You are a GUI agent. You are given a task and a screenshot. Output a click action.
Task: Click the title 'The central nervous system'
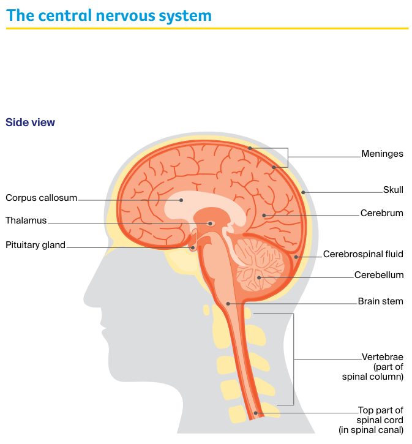tap(109, 15)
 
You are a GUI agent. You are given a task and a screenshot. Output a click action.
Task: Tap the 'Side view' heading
tap(30, 122)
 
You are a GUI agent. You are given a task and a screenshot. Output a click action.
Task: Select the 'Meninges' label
tap(382, 154)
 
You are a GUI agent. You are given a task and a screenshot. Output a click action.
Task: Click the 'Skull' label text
tap(393, 190)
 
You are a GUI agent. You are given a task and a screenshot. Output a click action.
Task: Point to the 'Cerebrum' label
tap(381, 213)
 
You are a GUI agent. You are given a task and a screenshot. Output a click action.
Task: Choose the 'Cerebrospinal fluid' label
tap(363, 254)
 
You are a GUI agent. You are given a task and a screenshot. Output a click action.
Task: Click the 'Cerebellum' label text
tap(379, 275)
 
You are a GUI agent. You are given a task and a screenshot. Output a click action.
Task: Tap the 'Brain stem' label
tap(380, 301)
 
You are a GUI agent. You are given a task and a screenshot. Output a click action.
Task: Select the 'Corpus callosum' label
tap(41, 198)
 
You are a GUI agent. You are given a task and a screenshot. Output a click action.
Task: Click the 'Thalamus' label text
tap(26, 220)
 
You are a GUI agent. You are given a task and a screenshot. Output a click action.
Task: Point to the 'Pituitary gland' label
tap(35, 246)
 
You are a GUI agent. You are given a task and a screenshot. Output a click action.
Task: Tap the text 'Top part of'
tap(381, 410)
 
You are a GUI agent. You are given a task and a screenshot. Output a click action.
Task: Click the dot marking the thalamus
tap(210, 224)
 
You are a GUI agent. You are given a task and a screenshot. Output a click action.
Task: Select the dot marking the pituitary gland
tap(193, 248)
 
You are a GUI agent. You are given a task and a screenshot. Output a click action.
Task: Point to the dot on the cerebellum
tap(260, 277)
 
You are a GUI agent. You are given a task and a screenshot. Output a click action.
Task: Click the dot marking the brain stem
tap(228, 304)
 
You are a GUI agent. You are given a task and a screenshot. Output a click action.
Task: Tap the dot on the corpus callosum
tap(181, 200)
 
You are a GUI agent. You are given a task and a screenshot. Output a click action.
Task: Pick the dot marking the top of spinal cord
tap(256, 413)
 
